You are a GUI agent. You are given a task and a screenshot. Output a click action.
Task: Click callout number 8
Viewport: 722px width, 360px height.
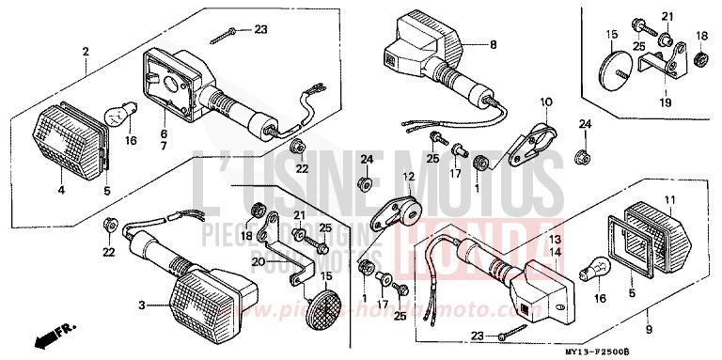point(492,43)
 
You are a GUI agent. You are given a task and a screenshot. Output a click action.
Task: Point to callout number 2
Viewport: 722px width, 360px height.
point(85,51)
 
